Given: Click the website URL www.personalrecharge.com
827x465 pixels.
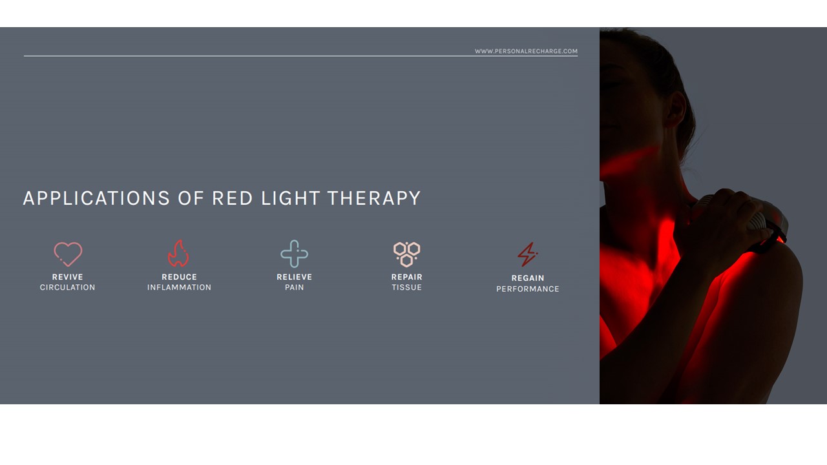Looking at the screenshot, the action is (526, 51).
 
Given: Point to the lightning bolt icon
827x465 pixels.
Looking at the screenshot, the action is (527, 254).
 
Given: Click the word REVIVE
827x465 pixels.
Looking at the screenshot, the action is (68, 277).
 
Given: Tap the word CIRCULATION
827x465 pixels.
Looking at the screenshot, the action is (68, 287).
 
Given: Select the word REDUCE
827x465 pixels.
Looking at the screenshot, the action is (179, 277).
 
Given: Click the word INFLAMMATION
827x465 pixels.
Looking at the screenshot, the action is (179, 287).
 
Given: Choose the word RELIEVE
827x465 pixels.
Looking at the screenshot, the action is (294, 277).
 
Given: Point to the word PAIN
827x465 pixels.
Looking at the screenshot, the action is (294, 287).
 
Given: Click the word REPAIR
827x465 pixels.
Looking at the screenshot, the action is (406, 277).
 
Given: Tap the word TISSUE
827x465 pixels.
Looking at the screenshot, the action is (406, 287).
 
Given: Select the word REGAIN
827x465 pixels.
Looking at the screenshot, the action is (528, 278).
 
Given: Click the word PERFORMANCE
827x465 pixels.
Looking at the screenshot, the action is (528, 289).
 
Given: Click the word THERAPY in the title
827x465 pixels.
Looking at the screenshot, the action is (374, 198).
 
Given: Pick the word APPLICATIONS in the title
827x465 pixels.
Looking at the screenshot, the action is (96, 198).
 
